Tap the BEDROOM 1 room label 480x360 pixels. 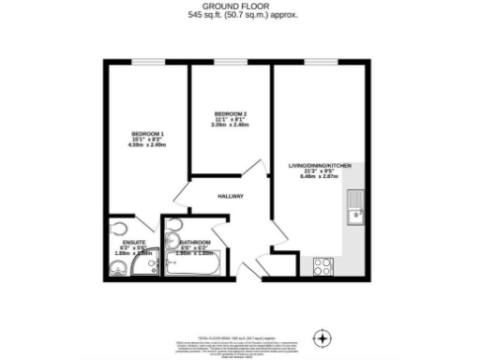pos(147,133)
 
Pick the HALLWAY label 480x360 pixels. pos(231,196)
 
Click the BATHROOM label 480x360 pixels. pos(196,244)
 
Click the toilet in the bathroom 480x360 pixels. pos(173,231)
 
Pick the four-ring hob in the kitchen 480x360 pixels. pos(322,265)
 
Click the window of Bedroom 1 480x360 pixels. pos(146,64)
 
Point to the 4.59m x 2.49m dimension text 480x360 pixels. pos(147,145)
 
